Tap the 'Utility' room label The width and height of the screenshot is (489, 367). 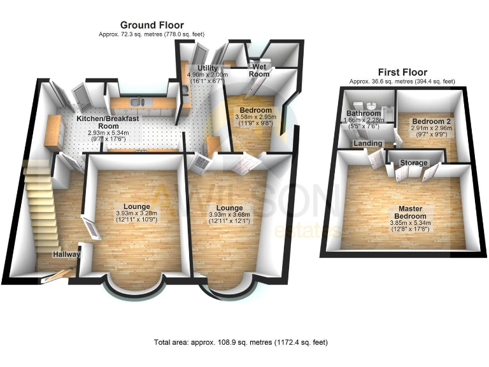coord(208,68)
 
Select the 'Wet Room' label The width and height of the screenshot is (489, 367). coord(259,70)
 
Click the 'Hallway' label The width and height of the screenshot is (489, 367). coord(67,254)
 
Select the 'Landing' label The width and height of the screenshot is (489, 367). coord(369,144)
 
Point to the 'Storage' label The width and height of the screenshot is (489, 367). coord(414,163)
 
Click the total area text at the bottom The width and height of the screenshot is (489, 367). coord(241,342)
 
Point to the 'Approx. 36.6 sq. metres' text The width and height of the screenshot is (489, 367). coord(401,82)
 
